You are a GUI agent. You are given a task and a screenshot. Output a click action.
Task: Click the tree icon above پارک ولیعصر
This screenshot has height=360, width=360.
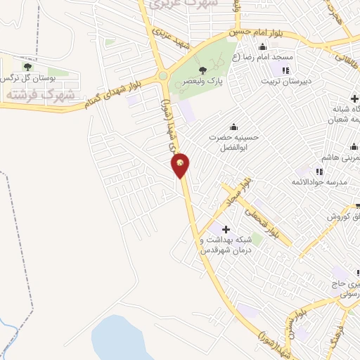click(x=202, y=70)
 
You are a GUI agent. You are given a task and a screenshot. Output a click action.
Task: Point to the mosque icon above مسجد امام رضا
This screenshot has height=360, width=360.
click(x=262, y=47)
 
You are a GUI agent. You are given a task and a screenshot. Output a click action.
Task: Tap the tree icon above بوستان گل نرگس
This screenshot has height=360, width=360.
click(x=27, y=66)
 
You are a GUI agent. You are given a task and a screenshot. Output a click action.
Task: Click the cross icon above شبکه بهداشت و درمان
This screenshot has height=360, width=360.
click(x=226, y=229)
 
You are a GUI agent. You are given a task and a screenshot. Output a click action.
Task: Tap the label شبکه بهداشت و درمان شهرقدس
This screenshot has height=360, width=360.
click(x=225, y=245)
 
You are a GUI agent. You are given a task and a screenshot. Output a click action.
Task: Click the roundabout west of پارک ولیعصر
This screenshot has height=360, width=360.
click(x=163, y=76)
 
